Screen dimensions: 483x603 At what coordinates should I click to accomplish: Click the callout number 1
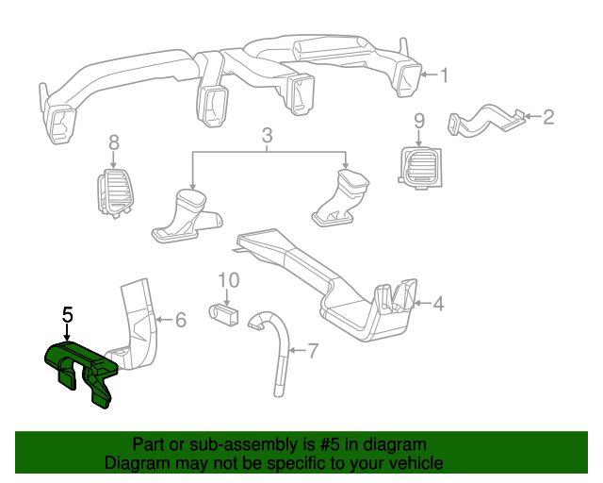coord(445,75)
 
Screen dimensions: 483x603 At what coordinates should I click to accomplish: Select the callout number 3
coord(268,137)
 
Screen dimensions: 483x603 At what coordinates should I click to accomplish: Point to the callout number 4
coord(437,304)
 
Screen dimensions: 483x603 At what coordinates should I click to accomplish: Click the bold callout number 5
coord(67,315)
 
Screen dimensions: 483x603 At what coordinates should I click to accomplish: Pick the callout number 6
coord(181,321)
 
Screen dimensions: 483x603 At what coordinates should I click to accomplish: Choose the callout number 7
coord(313,352)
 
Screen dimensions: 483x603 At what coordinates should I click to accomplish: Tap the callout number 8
coord(114,143)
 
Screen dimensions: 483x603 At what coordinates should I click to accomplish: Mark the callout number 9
coord(419,121)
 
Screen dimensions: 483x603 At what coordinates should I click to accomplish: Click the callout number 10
coord(229,280)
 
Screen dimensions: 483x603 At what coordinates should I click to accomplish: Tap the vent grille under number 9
coord(417,167)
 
